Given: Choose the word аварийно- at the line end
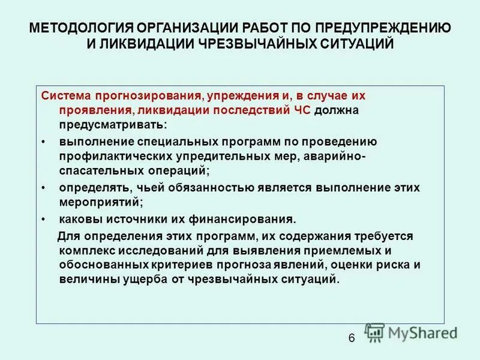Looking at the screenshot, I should click(x=340, y=157).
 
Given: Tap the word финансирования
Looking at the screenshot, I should click(x=239, y=219).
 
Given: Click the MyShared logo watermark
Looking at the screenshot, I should click(x=412, y=332).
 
